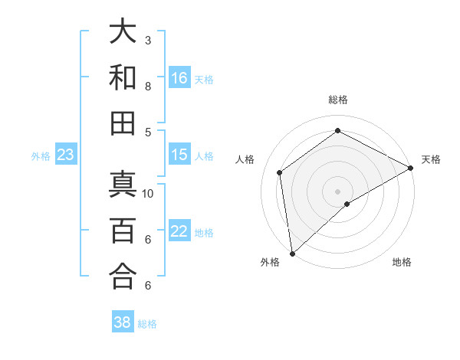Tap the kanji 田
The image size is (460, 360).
coord(123,123)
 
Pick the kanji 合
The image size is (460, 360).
coord(123,276)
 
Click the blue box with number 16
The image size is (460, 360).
coord(179,78)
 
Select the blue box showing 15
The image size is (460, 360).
coord(179,155)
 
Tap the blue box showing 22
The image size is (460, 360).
coord(179,232)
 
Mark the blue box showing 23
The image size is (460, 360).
coord(65,155)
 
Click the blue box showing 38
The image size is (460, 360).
coord(123,322)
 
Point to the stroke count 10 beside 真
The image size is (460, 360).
coord(148,193)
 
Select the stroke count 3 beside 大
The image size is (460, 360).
coord(148,40)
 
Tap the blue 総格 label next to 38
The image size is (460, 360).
coord(147,324)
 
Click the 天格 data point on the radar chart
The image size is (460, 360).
coord(411,169)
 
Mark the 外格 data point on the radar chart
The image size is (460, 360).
coord(292,254)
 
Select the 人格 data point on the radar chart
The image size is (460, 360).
coord(280,172)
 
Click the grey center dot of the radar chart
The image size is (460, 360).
coord(337,190)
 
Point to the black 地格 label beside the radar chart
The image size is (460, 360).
coord(402,262)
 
